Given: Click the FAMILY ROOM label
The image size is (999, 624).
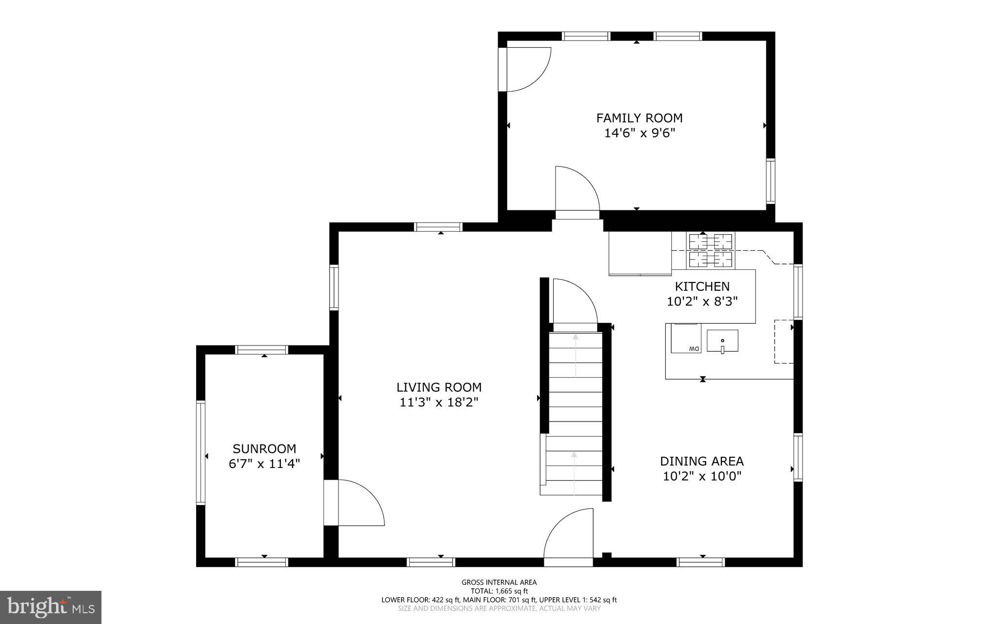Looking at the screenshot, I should pyautogui.click(x=639, y=118).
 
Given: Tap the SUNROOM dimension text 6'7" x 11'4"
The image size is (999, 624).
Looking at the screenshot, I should pyautogui.click(x=264, y=463).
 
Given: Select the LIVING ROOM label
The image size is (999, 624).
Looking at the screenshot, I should pyautogui.click(x=439, y=387).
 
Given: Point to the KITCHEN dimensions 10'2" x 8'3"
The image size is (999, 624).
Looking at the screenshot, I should pyautogui.click(x=702, y=302).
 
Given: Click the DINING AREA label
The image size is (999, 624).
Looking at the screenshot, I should pyautogui.click(x=701, y=461).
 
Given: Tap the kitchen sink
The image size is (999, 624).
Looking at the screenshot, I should pyautogui.click(x=722, y=341).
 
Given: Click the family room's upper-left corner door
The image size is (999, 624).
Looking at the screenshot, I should pyautogui.click(x=527, y=69).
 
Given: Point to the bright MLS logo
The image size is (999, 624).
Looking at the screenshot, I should pyautogui.click(x=51, y=607).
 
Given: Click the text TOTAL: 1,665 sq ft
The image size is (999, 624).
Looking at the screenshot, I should pyautogui.click(x=499, y=591).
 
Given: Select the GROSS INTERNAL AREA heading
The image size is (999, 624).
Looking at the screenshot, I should pyautogui.click(x=499, y=582).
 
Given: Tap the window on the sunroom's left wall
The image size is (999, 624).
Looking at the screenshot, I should pyautogui.click(x=200, y=452).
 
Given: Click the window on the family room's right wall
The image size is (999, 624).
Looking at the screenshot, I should pyautogui.click(x=770, y=181).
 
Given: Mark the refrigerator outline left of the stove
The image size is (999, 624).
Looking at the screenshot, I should pyautogui.click(x=640, y=253).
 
